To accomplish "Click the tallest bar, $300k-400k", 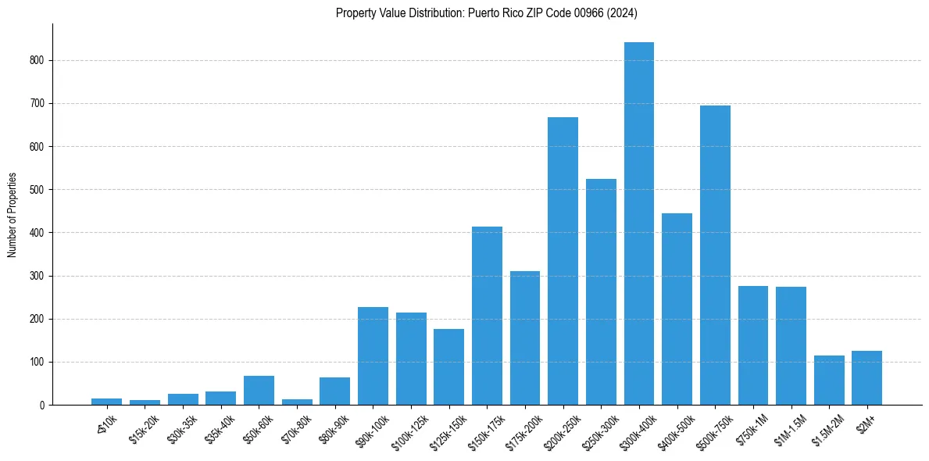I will [638, 223].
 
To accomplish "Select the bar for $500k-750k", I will [715, 256].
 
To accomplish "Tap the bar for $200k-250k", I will [563, 261].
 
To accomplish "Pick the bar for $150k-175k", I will [487, 316].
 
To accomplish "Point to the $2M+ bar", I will [866, 378].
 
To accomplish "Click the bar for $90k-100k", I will [373, 356].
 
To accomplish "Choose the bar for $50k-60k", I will [259, 391].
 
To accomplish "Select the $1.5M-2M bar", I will [829, 381].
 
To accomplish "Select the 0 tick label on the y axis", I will [44, 406].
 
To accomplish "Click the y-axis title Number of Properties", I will [12, 215].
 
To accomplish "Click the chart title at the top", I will [487, 13].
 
